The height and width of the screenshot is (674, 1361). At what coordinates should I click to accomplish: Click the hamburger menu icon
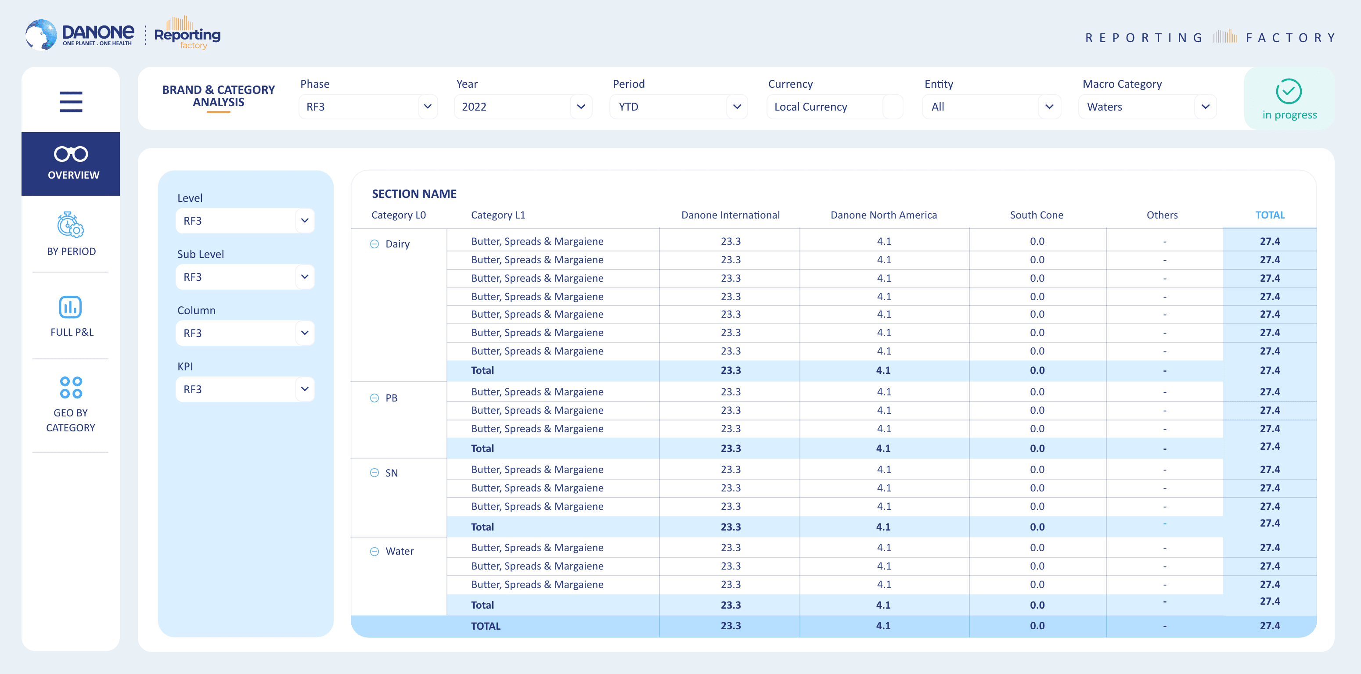[71, 101]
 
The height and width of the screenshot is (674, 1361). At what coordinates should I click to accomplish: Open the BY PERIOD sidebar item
[71, 234]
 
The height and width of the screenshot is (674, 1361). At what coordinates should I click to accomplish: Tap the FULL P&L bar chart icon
[70, 307]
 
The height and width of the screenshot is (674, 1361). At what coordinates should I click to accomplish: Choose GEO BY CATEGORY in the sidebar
[71, 405]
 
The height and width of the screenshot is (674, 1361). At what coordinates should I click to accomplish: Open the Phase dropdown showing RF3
[368, 107]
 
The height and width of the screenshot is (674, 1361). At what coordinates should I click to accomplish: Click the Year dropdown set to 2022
[523, 107]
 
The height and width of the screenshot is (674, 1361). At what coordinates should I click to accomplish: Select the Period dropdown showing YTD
[678, 107]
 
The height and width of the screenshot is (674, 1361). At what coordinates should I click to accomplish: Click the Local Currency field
[835, 107]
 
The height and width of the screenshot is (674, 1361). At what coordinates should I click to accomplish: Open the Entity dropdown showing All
[992, 107]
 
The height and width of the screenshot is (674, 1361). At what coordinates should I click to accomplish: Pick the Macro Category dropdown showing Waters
[1148, 107]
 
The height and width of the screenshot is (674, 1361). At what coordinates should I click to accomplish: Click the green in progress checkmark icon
[1289, 91]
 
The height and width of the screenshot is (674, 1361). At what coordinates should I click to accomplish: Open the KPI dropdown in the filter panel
[245, 389]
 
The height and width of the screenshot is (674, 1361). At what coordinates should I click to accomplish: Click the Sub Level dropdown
[245, 277]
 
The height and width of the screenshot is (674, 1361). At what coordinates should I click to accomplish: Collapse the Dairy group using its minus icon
[374, 244]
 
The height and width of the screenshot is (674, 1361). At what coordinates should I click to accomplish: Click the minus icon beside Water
[374, 552]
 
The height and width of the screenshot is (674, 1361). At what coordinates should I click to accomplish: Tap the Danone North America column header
[883, 215]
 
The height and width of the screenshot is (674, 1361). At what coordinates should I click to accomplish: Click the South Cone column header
[1037, 215]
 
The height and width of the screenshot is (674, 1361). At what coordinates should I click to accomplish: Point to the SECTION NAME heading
[414, 194]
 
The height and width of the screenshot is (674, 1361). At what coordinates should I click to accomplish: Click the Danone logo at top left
[80, 35]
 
